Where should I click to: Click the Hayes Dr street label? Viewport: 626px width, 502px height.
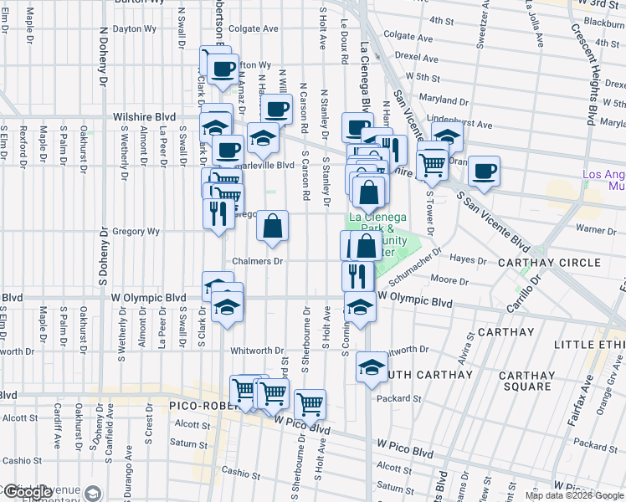click(469, 260)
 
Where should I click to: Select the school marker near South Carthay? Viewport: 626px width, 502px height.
click(372, 366)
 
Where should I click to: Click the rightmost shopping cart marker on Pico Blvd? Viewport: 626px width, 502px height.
click(310, 404)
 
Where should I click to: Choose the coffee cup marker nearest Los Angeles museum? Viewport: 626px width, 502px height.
click(484, 171)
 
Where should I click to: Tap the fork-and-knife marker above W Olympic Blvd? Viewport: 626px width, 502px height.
click(357, 274)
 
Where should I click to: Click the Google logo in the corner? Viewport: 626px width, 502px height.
click(27, 492)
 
